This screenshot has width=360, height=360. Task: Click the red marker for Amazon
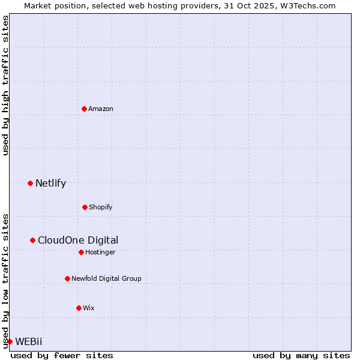[84, 109]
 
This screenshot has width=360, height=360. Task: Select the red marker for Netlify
[30, 183]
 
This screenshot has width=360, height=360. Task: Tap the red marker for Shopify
[85, 207]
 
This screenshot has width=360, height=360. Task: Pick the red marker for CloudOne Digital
[32, 240]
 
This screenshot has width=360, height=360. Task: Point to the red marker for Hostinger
[81, 252]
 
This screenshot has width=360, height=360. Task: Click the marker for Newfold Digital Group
[67, 278]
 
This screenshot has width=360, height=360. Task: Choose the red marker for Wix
[79, 308]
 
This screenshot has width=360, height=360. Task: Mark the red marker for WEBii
[10, 341]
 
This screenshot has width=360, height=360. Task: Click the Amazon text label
[101, 109]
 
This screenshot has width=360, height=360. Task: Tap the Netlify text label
[50, 183]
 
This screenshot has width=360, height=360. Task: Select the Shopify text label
[101, 207]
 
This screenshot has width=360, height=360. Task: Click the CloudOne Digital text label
[78, 240]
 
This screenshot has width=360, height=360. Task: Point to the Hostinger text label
[100, 252]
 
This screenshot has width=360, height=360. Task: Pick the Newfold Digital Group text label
[106, 278]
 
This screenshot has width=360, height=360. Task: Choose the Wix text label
[89, 308]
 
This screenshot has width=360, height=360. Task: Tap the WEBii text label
[29, 341]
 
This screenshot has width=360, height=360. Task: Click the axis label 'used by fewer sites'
[62, 355]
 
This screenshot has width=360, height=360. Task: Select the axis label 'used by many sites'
[301, 355]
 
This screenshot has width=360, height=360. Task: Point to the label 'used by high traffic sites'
[5, 85]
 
